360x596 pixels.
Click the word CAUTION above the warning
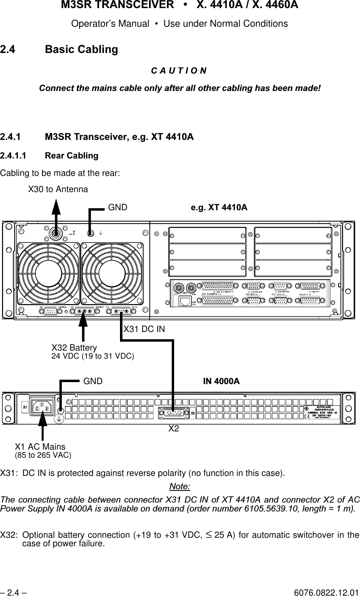[x=179, y=71]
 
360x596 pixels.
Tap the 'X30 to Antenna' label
[x=57, y=189]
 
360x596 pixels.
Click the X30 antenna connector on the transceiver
[x=55, y=233]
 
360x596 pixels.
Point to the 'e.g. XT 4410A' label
[x=219, y=208]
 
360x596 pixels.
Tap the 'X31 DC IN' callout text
[x=144, y=329]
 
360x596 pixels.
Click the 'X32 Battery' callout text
[x=74, y=348]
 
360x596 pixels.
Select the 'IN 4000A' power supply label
[x=221, y=381]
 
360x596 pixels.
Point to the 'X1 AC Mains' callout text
[x=40, y=447]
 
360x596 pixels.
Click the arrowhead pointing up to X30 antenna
[x=56, y=206]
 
